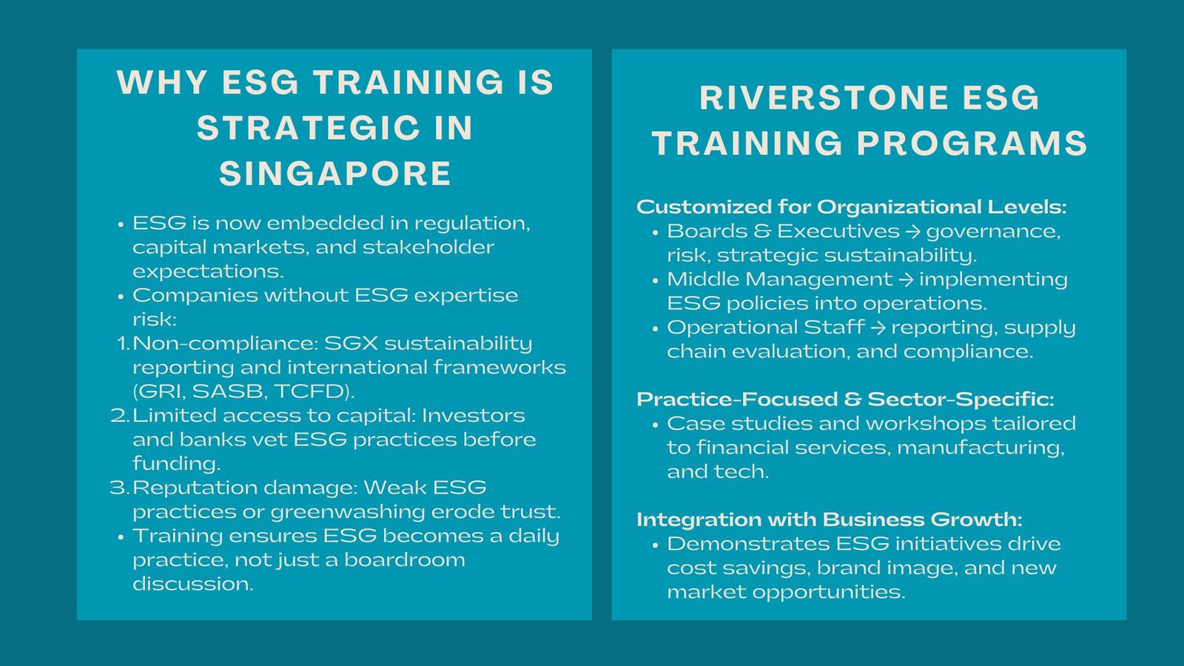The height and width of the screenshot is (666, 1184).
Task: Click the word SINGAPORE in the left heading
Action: (x=335, y=174)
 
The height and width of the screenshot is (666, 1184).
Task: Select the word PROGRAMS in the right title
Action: (x=972, y=144)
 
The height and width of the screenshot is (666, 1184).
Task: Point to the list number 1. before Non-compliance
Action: (x=122, y=343)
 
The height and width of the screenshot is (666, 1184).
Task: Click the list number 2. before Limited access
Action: (x=120, y=415)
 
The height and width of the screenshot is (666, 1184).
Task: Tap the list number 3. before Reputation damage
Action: (x=120, y=488)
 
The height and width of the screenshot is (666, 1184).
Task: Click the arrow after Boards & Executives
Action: (x=912, y=232)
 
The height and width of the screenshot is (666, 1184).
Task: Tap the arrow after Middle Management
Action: (x=906, y=280)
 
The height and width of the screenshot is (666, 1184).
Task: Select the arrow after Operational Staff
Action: (x=878, y=328)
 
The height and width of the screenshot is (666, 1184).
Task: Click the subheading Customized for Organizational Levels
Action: (x=851, y=206)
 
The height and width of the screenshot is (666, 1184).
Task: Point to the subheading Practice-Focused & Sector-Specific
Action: (x=845, y=400)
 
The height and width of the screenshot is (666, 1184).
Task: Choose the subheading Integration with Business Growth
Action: (x=829, y=519)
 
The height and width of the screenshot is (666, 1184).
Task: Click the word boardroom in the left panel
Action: (x=404, y=560)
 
